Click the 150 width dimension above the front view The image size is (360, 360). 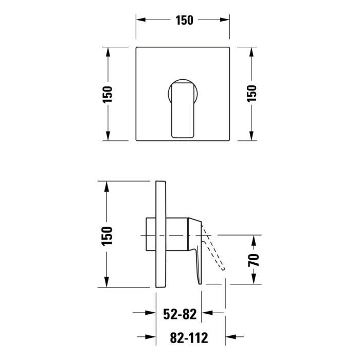click(x=184, y=20)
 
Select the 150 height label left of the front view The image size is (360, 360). click(x=107, y=94)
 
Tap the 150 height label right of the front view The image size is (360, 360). click(x=251, y=94)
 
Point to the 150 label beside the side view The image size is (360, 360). click(x=107, y=236)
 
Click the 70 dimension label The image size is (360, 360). click(x=254, y=260)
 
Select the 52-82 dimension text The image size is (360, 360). click(x=180, y=314)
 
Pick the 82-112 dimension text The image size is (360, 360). click(x=189, y=338)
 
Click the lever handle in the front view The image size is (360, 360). click(x=183, y=110)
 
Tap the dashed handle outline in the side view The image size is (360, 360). click(x=213, y=247)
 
